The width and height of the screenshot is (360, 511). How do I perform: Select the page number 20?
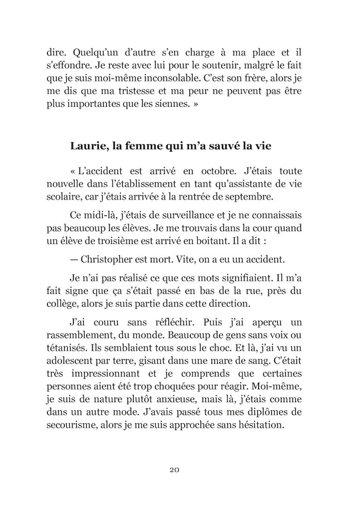click(x=173, y=469)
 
